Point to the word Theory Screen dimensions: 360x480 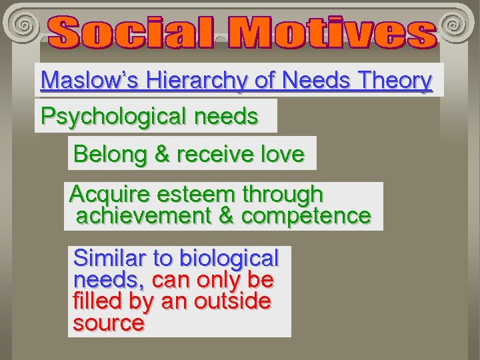tap(395, 81)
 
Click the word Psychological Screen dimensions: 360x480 tap(113, 116)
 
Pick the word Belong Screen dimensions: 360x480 tap(110, 154)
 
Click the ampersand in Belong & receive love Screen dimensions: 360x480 tap(162, 154)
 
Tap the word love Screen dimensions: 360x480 tap(281, 154)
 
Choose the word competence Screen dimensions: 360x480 tap(305, 216)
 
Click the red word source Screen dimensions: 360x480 tap(109, 323)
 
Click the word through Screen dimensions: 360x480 tap(283, 195)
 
